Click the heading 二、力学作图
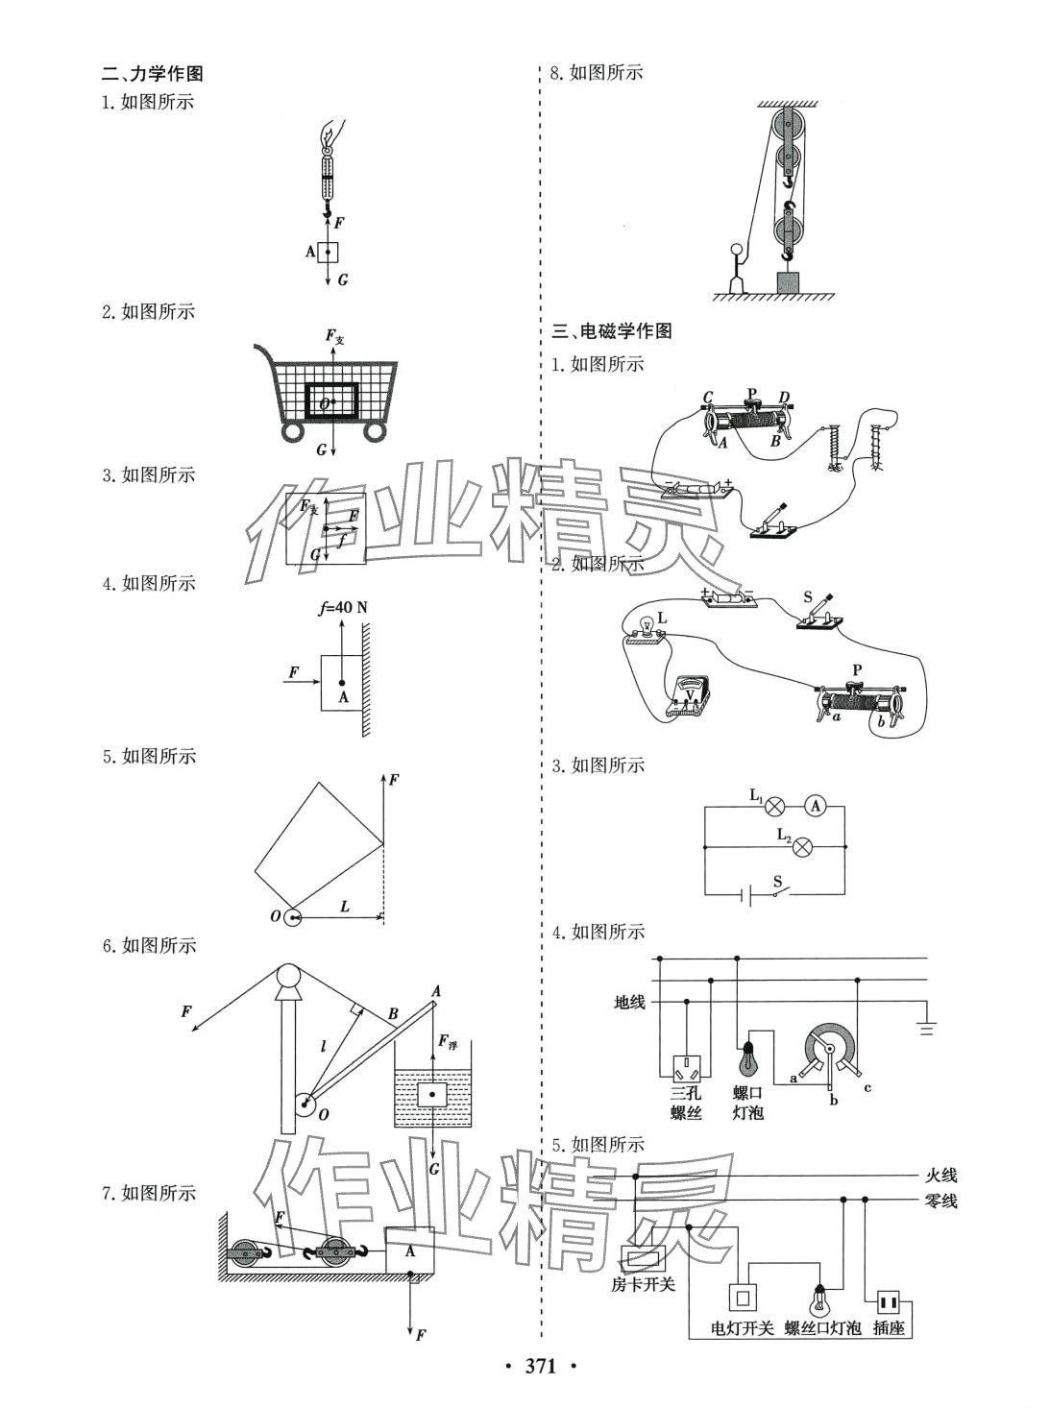[x=153, y=74]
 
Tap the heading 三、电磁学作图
[x=612, y=331]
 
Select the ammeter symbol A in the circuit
[x=815, y=807]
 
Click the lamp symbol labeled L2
[x=805, y=846]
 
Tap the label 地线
[x=630, y=1002]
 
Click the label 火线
[x=940, y=1175]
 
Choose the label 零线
[x=940, y=1201]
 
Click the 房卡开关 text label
[x=643, y=1284]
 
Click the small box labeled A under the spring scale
[x=329, y=253]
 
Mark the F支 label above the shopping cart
[x=334, y=336]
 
